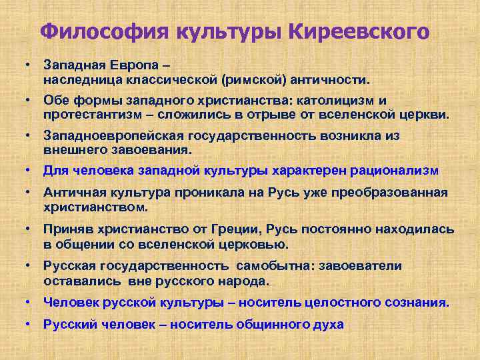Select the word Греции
pos(224,229)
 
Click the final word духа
pos(327,325)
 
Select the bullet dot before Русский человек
pos(30,325)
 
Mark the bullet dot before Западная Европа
pos(30,65)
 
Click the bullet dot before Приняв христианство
pos(30,229)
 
